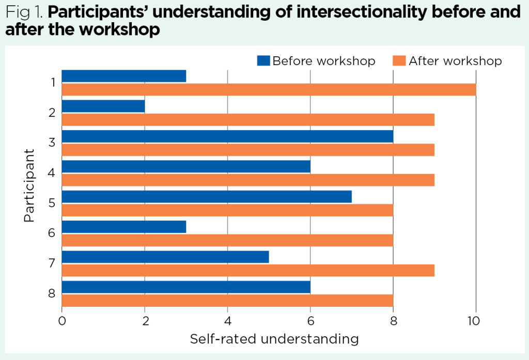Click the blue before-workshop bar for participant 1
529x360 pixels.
pos(124,76)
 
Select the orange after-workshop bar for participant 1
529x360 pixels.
pos(269,89)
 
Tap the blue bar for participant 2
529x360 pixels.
pos(103,106)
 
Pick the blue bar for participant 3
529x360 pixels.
pos(227,136)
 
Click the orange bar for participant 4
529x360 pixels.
pos(248,180)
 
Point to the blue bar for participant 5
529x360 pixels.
pos(207,197)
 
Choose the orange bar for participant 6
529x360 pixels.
pos(227,240)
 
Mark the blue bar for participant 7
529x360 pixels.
pos(165,257)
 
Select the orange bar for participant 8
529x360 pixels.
pos(227,300)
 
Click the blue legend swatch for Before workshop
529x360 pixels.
pos(263,61)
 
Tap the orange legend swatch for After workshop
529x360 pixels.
pos(400,61)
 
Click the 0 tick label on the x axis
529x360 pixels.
pos(62,321)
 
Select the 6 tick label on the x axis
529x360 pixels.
pos(310,321)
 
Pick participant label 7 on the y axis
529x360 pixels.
pos(52,263)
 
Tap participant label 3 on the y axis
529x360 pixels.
pos(52,142)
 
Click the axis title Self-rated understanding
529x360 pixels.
pos(274,339)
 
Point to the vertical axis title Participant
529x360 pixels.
pos(29,186)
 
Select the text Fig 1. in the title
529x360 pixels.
pos(24,12)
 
